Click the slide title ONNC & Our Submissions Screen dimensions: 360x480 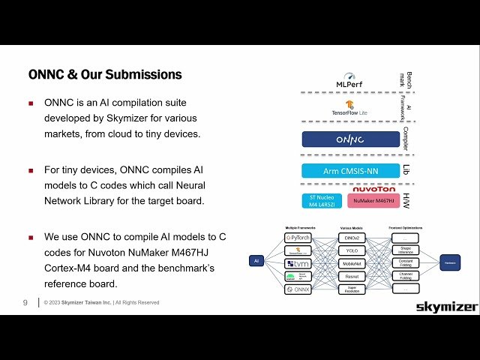coord(104,75)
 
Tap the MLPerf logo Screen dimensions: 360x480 coord(349,79)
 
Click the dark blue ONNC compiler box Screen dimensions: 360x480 coord(350,139)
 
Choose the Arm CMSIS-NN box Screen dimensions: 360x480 coord(350,171)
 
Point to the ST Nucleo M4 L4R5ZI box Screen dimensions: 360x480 coord(322,201)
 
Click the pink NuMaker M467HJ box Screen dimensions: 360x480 coord(373,201)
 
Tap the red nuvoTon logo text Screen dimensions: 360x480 coord(373,189)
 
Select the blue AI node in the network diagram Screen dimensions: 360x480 coord(256,262)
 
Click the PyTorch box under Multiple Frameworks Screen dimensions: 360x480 coord(298,238)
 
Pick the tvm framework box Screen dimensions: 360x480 coord(298,263)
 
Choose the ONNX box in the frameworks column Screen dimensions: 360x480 coord(298,289)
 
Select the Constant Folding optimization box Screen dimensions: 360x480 coord(406,263)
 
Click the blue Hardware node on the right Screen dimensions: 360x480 coord(449,262)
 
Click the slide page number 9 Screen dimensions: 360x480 coord(25,302)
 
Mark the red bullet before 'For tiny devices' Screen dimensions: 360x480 coord(31,170)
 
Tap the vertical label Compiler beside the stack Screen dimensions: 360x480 coord(405,139)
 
